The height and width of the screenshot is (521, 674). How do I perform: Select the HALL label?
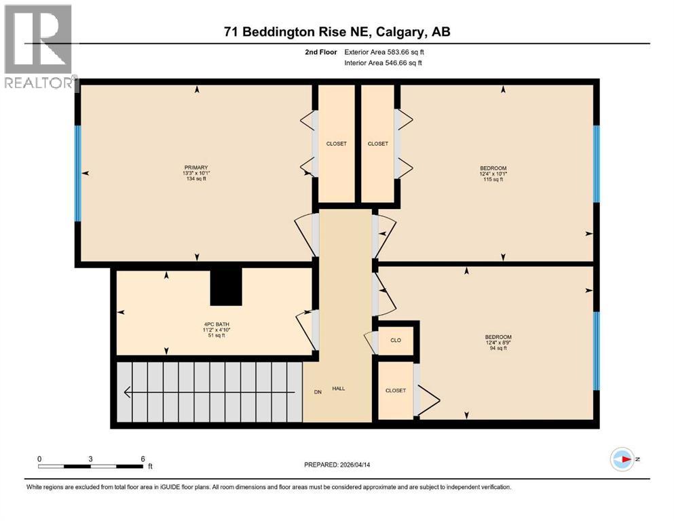pos(338,389)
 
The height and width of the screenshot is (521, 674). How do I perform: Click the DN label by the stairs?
pos(317,391)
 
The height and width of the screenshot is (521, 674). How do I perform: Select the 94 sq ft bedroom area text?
pos(498,348)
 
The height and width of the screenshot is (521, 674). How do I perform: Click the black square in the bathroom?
pos(226,286)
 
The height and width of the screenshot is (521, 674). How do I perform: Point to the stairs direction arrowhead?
pos(127,391)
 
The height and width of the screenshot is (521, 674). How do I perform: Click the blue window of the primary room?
pos(77,174)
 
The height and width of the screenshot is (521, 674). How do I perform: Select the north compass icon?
pos(622,459)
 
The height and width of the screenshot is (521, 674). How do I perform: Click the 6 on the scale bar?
pos(143,459)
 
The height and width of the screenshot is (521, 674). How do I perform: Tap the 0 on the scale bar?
pos(39,459)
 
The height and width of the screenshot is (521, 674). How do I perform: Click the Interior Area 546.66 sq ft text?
pos(383,62)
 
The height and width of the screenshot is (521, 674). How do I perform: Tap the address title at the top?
pos(337,32)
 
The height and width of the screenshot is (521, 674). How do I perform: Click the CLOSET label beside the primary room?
pos(337,143)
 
